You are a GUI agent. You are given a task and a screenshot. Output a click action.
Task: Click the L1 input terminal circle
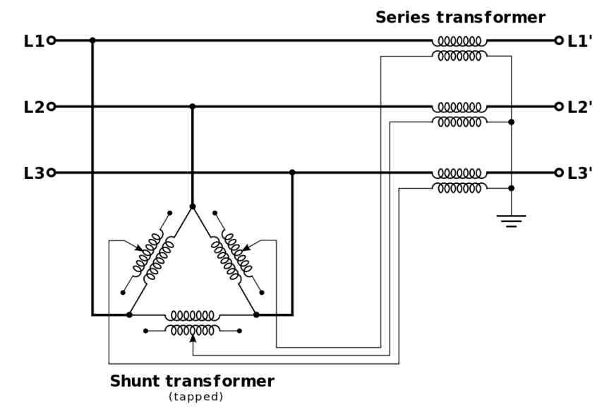pos(52,40)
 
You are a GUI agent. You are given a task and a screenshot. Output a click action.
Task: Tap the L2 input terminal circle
pos(52,107)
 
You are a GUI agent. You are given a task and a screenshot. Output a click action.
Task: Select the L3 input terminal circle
pos(52,172)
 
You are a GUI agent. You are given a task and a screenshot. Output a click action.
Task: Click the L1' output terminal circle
pos(559,40)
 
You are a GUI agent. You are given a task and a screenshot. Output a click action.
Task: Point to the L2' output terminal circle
pos(559,107)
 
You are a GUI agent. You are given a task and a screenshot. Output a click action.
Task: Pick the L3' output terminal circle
pos(559,172)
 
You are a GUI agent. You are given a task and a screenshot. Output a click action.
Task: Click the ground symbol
pos(511,221)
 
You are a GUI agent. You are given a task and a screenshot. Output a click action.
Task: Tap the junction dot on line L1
pos(92,40)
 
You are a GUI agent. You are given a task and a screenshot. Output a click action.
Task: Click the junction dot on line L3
pos(292,172)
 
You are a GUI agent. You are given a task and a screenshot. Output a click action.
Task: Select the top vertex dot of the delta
pos(192,206)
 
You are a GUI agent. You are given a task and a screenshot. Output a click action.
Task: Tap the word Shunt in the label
pos(135,381)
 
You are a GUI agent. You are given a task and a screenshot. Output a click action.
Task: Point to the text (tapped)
pos(195,397)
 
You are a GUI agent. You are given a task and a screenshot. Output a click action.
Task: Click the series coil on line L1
pos(459,41)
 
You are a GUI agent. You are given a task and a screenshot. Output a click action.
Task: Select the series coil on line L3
pos(459,173)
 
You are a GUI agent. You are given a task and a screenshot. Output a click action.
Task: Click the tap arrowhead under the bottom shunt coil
pos(192,338)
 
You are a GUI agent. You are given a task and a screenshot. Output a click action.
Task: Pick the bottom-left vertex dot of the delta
pos(129,315)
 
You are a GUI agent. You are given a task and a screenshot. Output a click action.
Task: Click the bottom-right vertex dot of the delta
pos(256,315)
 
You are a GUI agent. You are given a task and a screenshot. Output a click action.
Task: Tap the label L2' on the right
pos(580,107)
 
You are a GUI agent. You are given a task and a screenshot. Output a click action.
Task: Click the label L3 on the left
pos(34,173)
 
